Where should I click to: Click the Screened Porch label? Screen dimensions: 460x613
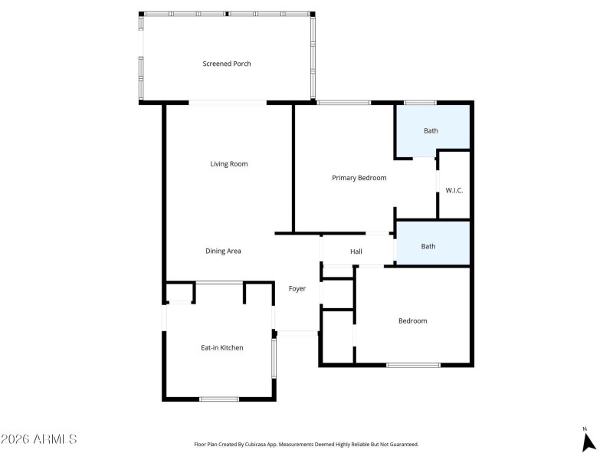[x=226, y=64]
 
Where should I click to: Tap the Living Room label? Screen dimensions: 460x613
[x=229, y=164]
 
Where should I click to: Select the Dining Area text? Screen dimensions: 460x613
[x=223, y=251]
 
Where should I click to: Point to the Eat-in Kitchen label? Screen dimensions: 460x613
[x=221, y=348]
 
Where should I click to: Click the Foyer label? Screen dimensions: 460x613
[x=297, y=289]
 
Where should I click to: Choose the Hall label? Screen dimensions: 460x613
[x=356, y=251]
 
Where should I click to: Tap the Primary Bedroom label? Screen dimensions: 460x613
[x=359, y=178]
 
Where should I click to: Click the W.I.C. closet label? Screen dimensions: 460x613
[x=454, y=191]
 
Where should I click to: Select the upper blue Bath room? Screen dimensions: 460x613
[x=431, y=130]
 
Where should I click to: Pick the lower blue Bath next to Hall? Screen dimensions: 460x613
[x=428, y=246]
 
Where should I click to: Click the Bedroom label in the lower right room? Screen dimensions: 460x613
[x=412, y=320]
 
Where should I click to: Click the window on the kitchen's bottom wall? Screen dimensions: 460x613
[x=219, y=399]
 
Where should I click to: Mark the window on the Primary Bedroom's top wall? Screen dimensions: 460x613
[x=344, y=103]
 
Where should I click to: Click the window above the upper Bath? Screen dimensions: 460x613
[x=421, y=103]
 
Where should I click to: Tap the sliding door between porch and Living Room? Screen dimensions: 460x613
[x=228, y=103]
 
